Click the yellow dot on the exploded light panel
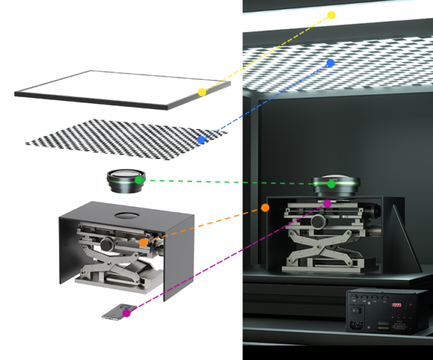[x=202, y=92]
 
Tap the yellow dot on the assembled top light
[x=331, y=15]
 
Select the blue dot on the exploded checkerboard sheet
[x=201, y=139]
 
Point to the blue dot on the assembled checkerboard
[x=331, y=63]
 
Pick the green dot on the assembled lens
[x=331, y=184]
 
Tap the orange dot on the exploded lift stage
[x=144, y=243]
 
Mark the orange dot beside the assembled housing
[x=266, y=208]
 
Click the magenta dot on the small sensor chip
[x=127, y=313]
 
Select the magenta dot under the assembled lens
[x=328, y=203]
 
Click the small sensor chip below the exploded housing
[x=114, y=312]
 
